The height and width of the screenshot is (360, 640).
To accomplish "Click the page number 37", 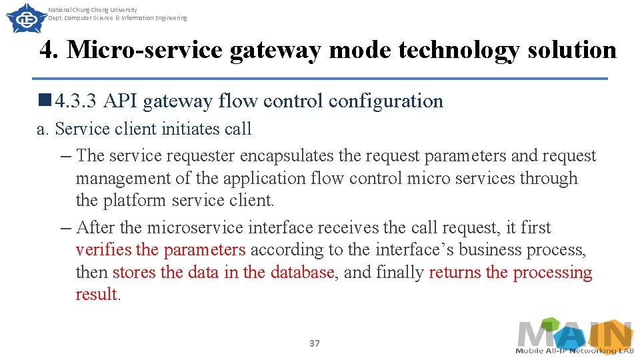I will (315, 343).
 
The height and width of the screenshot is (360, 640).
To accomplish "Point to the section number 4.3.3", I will (77, 101).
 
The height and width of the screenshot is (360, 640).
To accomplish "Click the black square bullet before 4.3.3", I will (45, 101).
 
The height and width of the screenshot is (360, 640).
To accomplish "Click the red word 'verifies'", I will (103, 250).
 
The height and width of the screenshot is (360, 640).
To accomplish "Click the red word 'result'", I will (97, 295).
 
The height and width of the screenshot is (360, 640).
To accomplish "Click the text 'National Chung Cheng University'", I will (93, 10).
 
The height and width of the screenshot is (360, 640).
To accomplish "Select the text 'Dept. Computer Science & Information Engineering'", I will (118, 18).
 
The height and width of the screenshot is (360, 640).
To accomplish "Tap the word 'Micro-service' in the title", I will (145, 50).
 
